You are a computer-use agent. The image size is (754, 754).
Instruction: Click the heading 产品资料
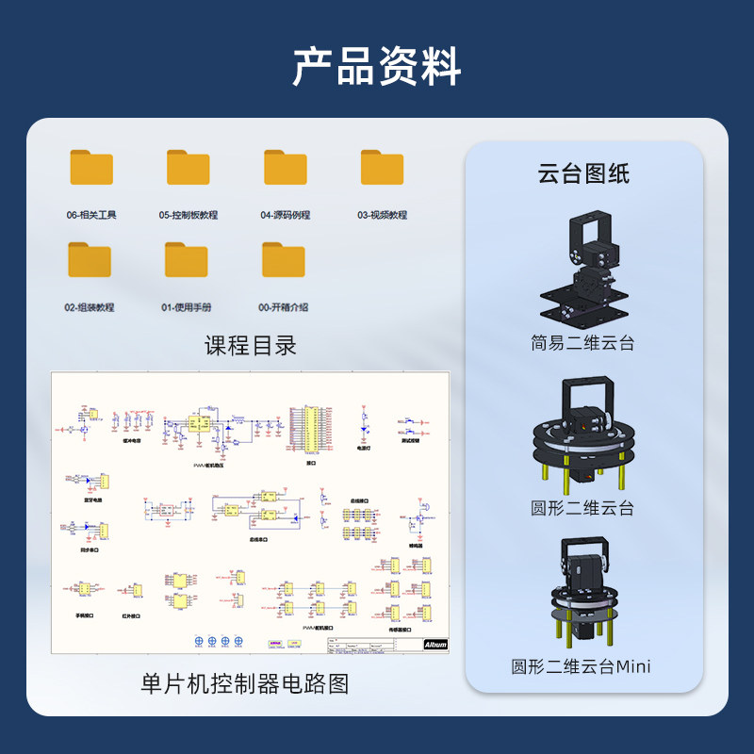click(x=376, y=66)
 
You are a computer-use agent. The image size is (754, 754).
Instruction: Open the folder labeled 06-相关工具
click(x=91, y=168)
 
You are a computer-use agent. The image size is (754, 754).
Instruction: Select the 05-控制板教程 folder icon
click(x=188, y=168)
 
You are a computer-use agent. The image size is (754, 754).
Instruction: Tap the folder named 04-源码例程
click(x=286, y=168)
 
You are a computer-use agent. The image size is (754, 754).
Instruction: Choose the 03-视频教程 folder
click(x=383, y=168)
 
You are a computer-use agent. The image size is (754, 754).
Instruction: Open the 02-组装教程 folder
click(x=90, y=260)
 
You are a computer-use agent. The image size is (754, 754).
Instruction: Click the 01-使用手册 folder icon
click(x=187, y=260)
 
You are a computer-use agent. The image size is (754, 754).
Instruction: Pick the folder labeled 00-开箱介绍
click(x=284, y=260)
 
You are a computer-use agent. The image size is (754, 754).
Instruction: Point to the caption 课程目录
click(x=251, y=346)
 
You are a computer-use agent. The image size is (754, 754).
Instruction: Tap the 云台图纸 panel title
click(x=583, y=173)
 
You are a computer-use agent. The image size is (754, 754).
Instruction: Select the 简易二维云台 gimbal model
click(x=582, y=269)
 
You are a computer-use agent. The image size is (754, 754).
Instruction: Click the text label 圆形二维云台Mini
click(x=582, y=666)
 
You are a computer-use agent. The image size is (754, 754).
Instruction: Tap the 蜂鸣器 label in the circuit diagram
click(x=416, y=545)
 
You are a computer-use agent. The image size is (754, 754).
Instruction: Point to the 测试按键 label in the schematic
click(x=411, y=438)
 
